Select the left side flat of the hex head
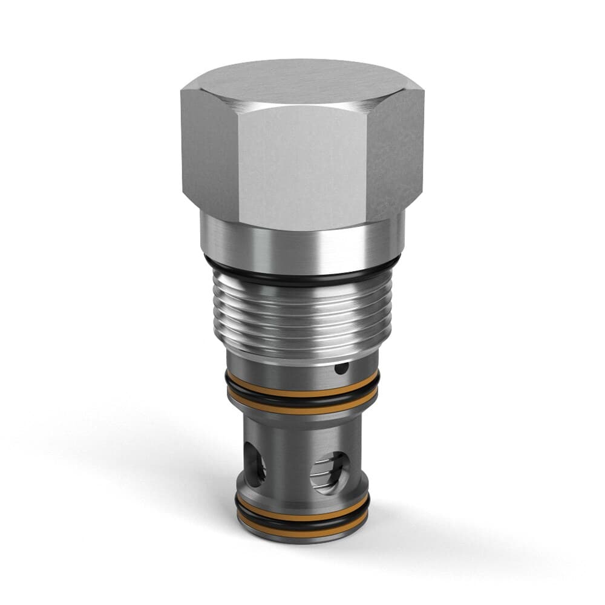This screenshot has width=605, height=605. (209, 151)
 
